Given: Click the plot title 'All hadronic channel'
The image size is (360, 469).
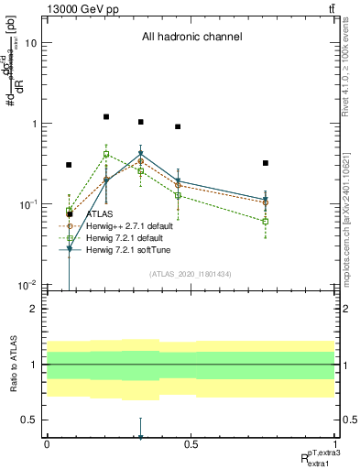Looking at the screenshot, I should pyautogui.click(x=191, y=38).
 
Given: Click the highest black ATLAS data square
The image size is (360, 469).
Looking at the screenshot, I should pyautogui.click(x=106, y=117).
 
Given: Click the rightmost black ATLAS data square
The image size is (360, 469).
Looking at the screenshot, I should pyautogui.click(x=265, y=163).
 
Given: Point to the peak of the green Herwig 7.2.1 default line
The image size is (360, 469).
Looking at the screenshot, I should pyautogui.click(x=106, y=155).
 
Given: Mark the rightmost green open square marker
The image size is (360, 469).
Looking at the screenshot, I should pyautogui.click(x=265, y=222).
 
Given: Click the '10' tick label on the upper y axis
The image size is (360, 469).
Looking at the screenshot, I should pyautogui.click(x=30, y=43).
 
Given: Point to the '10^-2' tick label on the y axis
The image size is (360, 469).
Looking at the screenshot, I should pyautogui.click(x=27, y=285).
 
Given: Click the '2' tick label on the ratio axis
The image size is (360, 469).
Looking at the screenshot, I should pyautogui.click(x=34, y=309).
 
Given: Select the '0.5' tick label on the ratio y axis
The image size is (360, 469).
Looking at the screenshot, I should pyautogui.click(x=29, y=420).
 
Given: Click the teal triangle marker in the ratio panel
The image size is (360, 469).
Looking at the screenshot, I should pyautogui.click(x=140, y=438).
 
